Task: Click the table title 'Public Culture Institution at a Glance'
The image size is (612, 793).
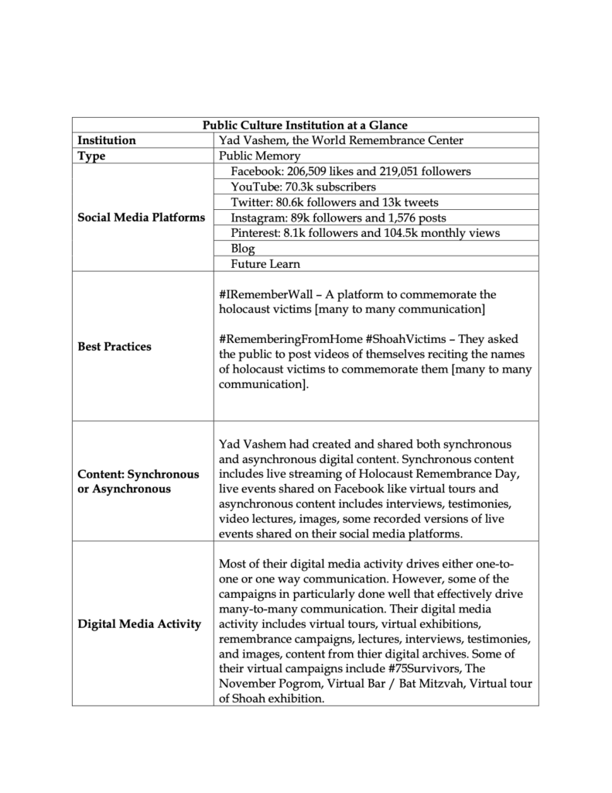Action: coord(305,125)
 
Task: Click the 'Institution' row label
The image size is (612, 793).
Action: coord(107,140)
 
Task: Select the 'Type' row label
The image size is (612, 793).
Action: coord(91,156)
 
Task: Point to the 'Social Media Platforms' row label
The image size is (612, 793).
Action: coord(142,218)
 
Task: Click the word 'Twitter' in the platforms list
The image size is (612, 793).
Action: coord(249,202)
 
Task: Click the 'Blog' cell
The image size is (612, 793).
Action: coord(243,249)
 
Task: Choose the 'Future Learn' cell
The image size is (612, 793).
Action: coord(265,264)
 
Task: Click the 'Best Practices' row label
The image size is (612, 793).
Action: coord(115,346)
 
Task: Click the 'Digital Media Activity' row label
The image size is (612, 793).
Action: coord(139,624)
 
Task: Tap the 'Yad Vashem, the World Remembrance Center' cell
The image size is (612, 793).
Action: coord(341,140)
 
